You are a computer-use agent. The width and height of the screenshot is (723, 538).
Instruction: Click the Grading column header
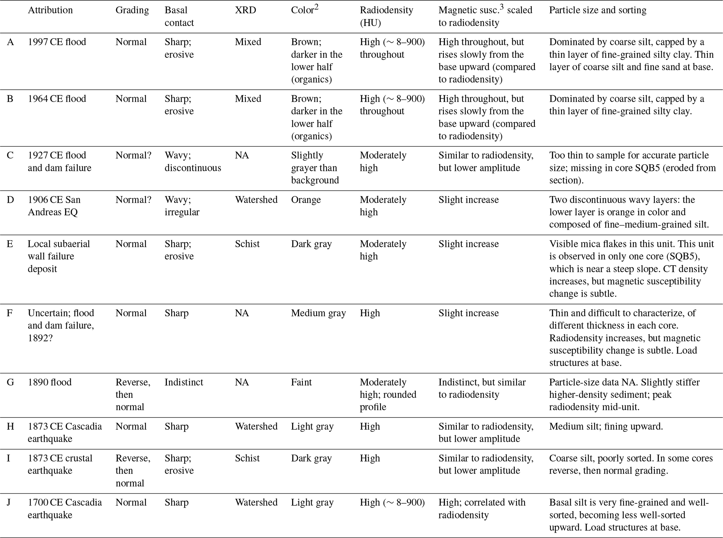tap(132, 10)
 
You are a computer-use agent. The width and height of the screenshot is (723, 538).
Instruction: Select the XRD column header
tap(245, 10)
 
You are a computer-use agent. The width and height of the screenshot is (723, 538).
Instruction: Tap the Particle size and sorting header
tap(597, 10)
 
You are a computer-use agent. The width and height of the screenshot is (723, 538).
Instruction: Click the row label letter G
tap(10, 382)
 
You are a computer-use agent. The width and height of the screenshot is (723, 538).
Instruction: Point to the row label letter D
tap(10, 200)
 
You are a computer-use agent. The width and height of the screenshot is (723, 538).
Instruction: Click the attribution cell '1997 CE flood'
tap(57, 42)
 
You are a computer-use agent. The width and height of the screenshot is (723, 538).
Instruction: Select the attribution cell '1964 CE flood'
tap(57, 99)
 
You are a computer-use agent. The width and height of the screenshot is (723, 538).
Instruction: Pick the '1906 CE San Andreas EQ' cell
tap(54, 206)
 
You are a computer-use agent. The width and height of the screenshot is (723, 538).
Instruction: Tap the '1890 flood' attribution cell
tap(49, 382)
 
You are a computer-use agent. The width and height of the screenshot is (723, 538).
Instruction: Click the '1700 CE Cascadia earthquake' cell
tap(65, 508)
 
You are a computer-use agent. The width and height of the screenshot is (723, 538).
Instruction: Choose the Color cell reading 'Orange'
tap(306, 200)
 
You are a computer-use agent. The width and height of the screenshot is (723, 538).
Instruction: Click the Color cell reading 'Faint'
tap(301, 382)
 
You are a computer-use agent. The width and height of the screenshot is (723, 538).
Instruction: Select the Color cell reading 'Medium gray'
tap(318, 313)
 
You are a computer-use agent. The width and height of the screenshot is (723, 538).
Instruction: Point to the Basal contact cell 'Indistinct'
tap(184, 382)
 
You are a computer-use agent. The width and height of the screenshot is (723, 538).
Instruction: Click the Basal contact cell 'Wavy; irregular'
tap(182, 206)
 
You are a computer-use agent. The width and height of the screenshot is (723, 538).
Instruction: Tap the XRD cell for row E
tap(247, 244)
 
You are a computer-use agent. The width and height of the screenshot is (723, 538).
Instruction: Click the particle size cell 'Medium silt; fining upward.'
tap(606, 426)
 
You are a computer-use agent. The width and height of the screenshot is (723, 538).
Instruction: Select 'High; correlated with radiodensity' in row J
tap(482, 508)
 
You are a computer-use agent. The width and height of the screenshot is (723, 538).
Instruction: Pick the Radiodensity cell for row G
tap(388, 394)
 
